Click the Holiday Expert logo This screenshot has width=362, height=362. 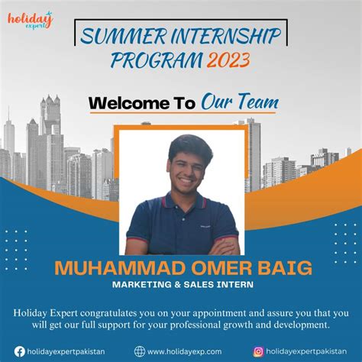tap(30, 19)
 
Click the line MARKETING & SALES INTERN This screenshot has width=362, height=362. tap(180, 286)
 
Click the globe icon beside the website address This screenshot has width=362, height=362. tap(140, 351)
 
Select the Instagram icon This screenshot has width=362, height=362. tap(258, 351)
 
